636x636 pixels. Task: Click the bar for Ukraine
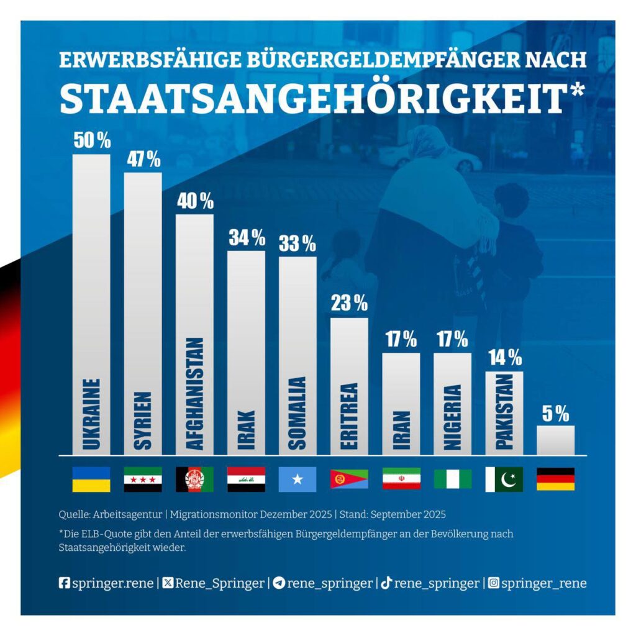point(91,304)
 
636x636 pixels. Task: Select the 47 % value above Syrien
point(143,159)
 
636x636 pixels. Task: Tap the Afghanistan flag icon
point(194,479)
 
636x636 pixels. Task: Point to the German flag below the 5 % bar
point(555,479)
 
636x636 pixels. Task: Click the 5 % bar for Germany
point(555,440)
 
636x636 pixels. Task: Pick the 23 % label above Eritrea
point(349,304)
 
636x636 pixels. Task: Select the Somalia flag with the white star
point(298,479)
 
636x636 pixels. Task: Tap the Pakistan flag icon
point(504,479)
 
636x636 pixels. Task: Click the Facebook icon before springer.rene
point(64,583)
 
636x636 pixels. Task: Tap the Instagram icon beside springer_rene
point(494,583)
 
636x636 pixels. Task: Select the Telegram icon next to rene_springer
point(279,583)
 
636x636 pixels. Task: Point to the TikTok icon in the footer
point(386,583)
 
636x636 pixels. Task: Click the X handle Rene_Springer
point(219,583)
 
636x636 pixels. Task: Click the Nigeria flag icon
point(452,479)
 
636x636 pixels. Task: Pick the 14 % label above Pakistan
point(504,358)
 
